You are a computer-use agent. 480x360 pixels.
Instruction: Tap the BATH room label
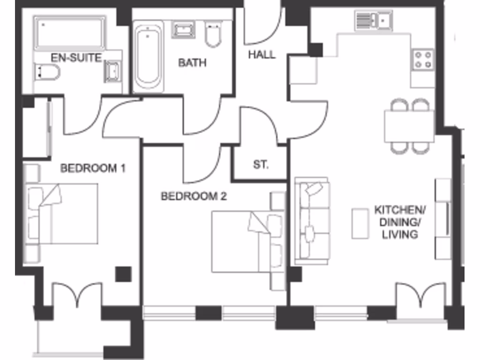192,62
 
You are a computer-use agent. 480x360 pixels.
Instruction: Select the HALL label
262,54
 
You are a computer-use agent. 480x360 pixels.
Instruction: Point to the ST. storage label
261,165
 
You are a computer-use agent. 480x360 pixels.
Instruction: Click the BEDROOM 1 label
93,168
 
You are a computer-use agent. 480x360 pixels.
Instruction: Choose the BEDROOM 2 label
194,196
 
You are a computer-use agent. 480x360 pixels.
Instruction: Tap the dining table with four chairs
409,126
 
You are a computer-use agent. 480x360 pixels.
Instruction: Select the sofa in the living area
311,221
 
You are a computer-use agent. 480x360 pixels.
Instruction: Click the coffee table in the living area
360,224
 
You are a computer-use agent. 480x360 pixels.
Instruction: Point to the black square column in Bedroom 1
123,274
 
